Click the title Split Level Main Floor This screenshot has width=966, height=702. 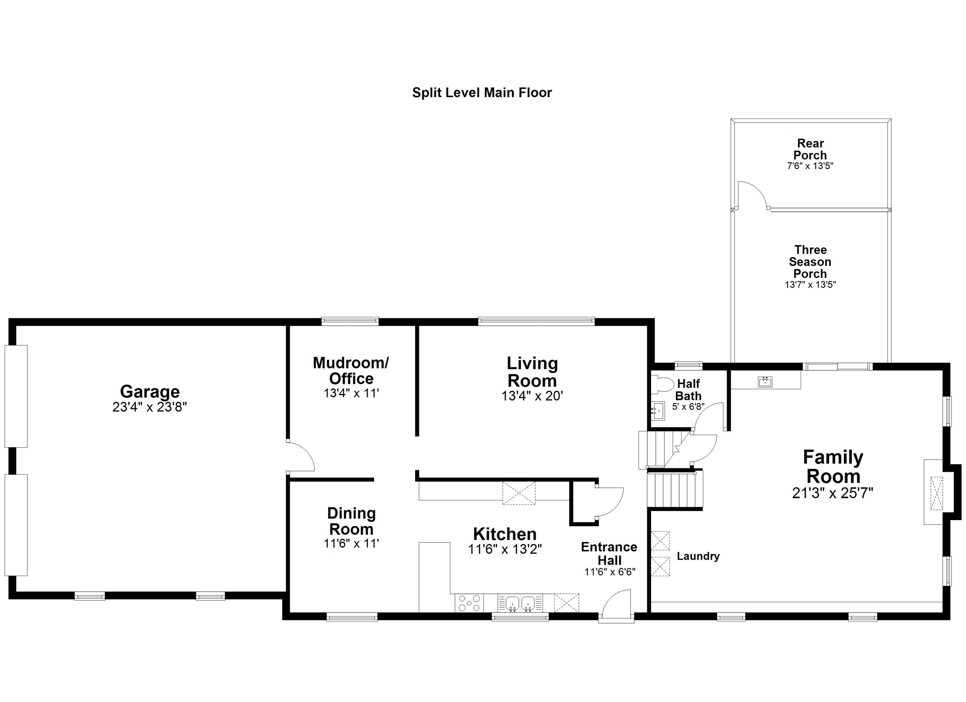(x=482, y=93)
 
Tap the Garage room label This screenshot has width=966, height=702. (x=149, y=391)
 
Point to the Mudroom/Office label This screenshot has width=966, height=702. (x=351, y=370)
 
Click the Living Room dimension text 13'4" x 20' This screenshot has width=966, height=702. (x=532, y=396)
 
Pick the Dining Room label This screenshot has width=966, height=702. (x=351, y=521)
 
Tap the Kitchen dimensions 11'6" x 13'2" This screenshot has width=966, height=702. (x=505, y=550)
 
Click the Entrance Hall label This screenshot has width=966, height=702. (x=609, y=553)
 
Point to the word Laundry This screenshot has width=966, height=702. (x=698, y=556)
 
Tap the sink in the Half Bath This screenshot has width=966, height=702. (x=658, y=411)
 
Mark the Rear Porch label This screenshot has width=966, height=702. (x=810, y=149)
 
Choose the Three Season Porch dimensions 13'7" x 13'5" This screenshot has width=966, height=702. (x=810, y=285)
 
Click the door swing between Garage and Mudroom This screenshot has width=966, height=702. (x=302, y=456)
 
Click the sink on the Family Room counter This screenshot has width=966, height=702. (x=765, y=381)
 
